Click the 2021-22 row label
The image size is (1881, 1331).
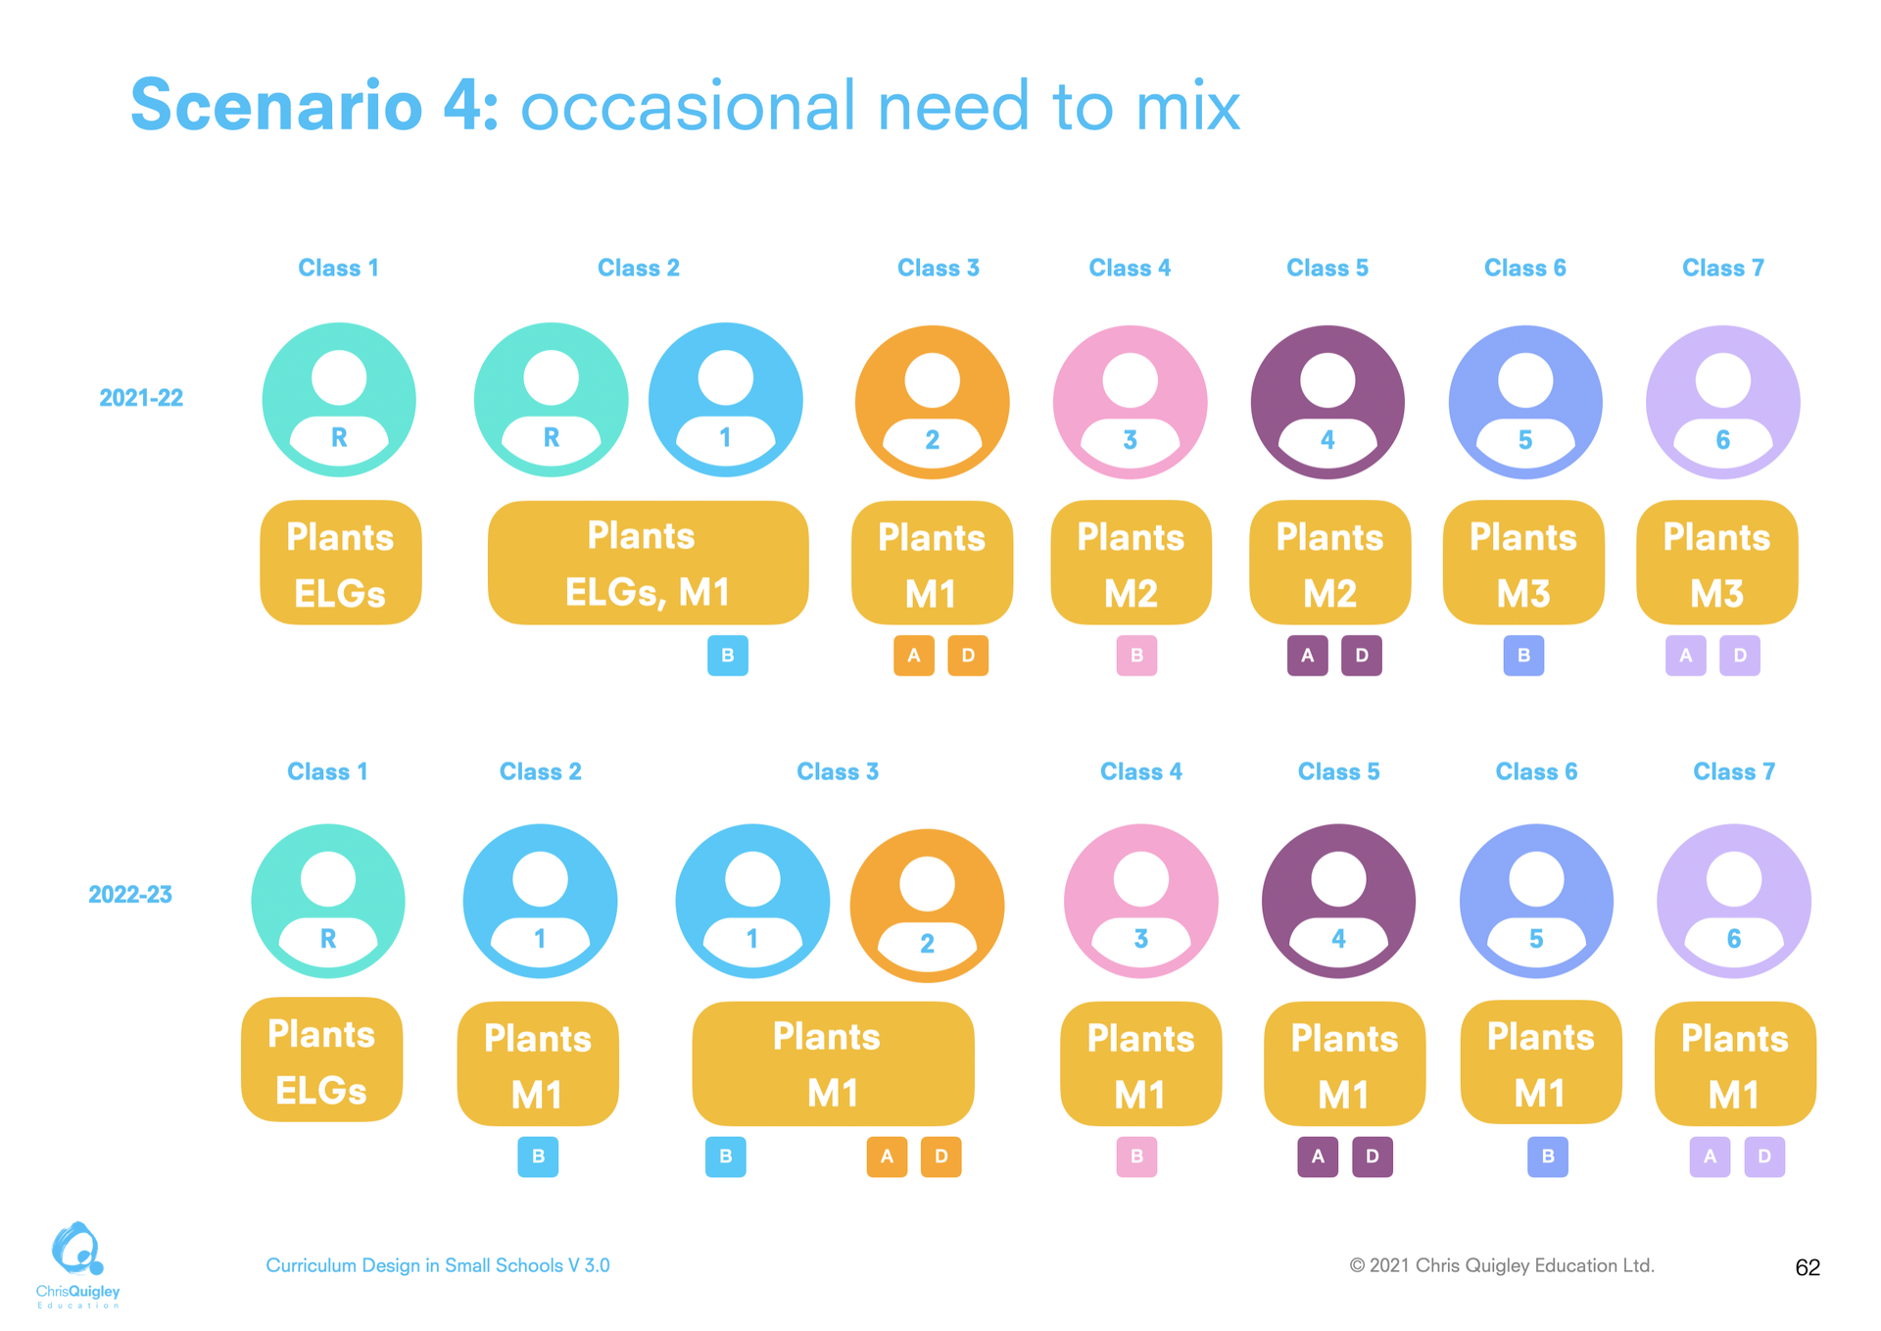tap(141, 398)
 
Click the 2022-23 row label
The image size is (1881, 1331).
tap(130, 895)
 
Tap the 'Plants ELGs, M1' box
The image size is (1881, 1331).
tap(648, 563)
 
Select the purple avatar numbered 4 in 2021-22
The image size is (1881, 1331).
tap(1327, 402)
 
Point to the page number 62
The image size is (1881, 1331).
tap(1807, 1267)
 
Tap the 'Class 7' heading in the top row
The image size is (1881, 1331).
tap(1722, 268)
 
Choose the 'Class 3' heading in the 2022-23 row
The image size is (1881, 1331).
tap(838, 771)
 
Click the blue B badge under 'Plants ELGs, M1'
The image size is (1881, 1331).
tap(727, 656)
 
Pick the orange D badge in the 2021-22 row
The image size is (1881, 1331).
tap(968, 656)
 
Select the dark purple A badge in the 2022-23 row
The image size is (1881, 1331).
tap(1318, 1157)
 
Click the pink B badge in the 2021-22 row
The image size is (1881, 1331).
tap(1136, 656)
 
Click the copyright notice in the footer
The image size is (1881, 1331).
tap(1502, 1265)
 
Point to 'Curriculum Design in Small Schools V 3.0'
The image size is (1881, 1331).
tap(438, 1265)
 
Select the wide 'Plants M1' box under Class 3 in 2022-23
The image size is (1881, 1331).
tap(833, 1063)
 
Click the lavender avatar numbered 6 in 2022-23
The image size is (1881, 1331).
tap(1733, 901)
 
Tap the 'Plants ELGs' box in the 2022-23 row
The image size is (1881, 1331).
tap(321, 1060)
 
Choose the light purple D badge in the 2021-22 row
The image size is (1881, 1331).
tap(1740, 656)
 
